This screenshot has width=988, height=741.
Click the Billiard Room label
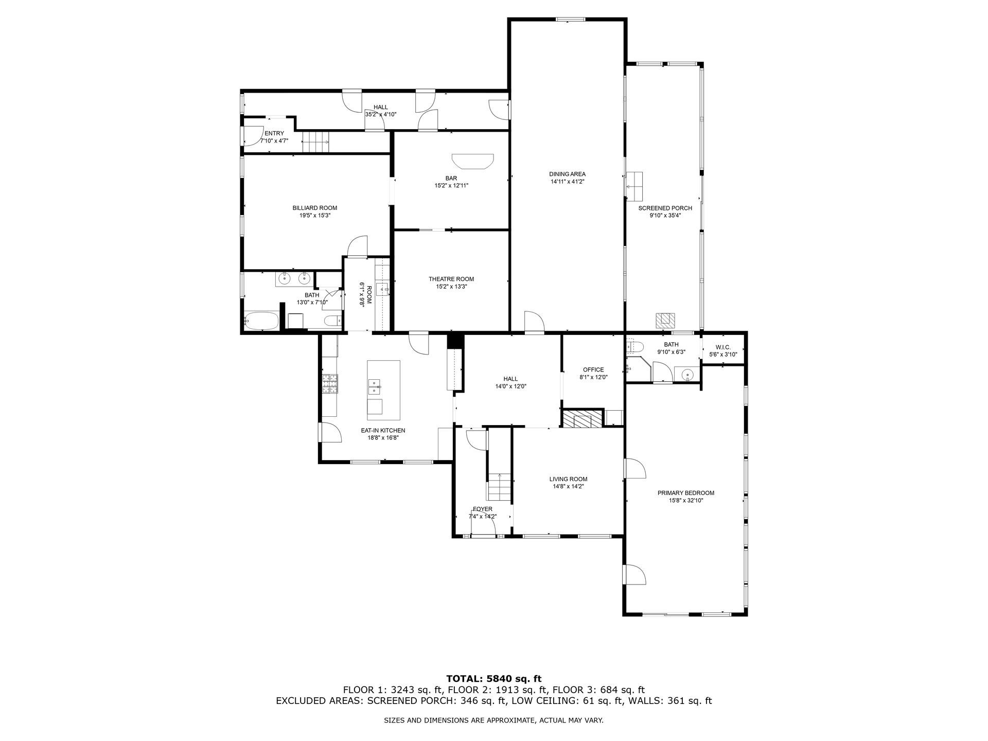(314, 208)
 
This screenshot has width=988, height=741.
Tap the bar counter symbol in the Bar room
(472, 161)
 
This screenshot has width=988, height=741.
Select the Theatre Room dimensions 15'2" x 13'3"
(451, 287)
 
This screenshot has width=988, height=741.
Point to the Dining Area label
(567, 174)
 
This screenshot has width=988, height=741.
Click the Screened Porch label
(665, 208)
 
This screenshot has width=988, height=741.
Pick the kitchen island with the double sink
(383, 390)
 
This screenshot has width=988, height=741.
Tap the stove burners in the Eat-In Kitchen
(328, 383)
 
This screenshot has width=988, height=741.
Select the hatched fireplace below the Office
(582, 418)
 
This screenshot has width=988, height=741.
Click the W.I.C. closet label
(723, 347)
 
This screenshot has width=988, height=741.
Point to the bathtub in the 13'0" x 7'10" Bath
(261, 321)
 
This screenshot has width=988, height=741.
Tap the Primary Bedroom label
(685, 493)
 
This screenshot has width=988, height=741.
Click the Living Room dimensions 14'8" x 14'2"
(568, 486)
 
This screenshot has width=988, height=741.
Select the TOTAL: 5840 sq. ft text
(493, 679)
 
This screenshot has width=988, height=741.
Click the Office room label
(593, 369)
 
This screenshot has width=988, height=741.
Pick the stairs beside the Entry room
(315, 142)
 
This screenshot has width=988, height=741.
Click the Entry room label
(274, 133)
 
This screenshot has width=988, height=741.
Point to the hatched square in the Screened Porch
(665, 320)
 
